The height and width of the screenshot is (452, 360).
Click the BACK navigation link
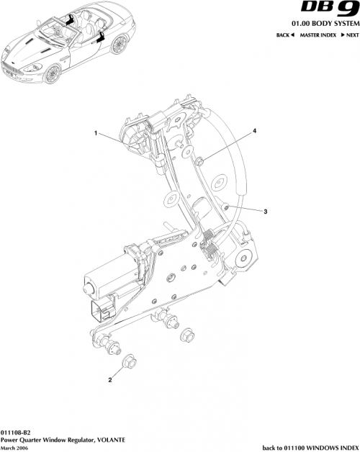click(x=286, y=36)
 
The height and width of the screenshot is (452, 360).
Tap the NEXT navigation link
click(x=349, y=36)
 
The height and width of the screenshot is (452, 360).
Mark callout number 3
click(x=266, y=212)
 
